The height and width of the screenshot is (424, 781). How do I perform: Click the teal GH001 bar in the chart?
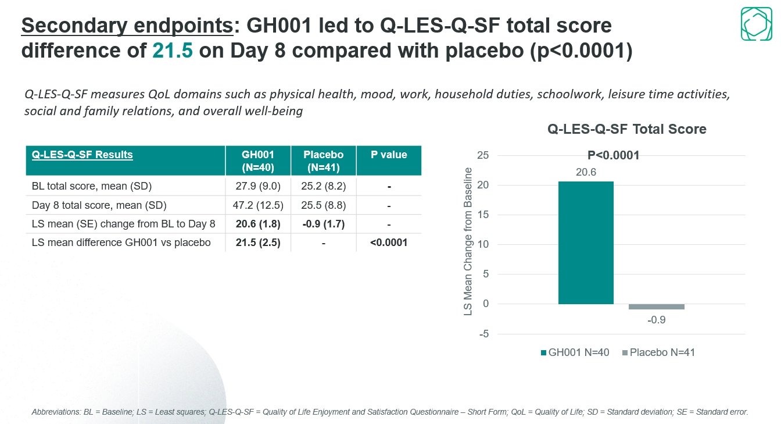[586, 243]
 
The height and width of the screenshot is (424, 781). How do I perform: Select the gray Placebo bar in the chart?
[657, 307]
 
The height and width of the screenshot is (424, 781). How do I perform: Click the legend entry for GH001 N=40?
[575, 352]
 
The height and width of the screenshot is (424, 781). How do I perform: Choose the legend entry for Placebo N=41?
[658, 352]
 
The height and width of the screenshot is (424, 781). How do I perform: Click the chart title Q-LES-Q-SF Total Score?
[627, 129]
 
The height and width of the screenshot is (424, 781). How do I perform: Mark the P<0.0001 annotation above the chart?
[614, 155]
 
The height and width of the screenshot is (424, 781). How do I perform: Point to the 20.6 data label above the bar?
[586, 172]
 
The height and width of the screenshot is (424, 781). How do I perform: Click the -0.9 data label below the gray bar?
[657, 320]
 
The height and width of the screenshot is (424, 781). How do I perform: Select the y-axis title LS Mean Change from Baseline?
[468, 242]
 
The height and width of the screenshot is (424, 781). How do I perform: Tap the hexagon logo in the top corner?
[756, 24]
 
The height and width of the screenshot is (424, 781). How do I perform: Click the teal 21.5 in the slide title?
[172, 51]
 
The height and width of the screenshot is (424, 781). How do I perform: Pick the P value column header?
[389, 155]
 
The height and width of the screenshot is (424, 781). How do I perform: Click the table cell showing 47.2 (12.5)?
[258, 205]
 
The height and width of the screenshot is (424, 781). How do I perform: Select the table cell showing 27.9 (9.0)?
[258, 187]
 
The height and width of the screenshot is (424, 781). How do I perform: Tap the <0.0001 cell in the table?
[389, 243]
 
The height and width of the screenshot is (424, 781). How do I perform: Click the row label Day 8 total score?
[99, 205]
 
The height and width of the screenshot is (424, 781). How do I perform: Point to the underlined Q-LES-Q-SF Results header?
[83, 155]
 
